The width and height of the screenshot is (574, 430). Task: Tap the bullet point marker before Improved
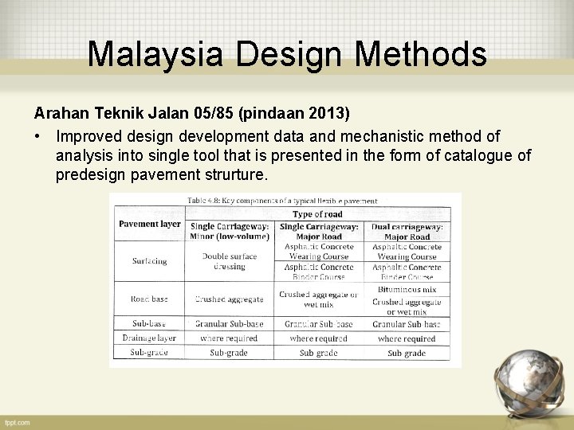37,136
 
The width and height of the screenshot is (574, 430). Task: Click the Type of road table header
317,213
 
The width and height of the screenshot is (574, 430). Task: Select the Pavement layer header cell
149,224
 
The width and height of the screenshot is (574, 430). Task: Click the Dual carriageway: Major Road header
407,232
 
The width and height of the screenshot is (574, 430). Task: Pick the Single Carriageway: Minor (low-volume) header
229,232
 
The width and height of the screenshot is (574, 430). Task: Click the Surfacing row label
149,261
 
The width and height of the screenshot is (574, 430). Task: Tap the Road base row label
149,299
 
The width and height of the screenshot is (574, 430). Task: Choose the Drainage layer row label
149,338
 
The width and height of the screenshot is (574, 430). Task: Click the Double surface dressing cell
229,261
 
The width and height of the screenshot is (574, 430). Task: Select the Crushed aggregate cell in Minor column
229,299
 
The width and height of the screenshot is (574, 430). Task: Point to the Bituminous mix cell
407,290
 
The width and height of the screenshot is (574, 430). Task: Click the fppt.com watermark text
17,422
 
